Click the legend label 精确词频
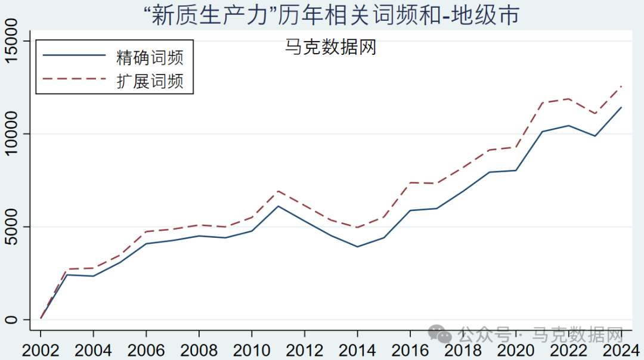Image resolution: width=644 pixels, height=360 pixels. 150,57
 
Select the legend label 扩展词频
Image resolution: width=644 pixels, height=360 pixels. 150,81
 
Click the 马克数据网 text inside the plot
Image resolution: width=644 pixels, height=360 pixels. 331,47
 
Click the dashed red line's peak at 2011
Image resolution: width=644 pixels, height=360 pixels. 278,191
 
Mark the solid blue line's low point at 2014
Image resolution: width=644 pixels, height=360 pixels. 357,247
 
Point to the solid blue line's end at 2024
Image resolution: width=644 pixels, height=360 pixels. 621,107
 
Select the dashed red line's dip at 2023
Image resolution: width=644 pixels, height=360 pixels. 595,113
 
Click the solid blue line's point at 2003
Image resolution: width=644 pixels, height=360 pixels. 67,275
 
